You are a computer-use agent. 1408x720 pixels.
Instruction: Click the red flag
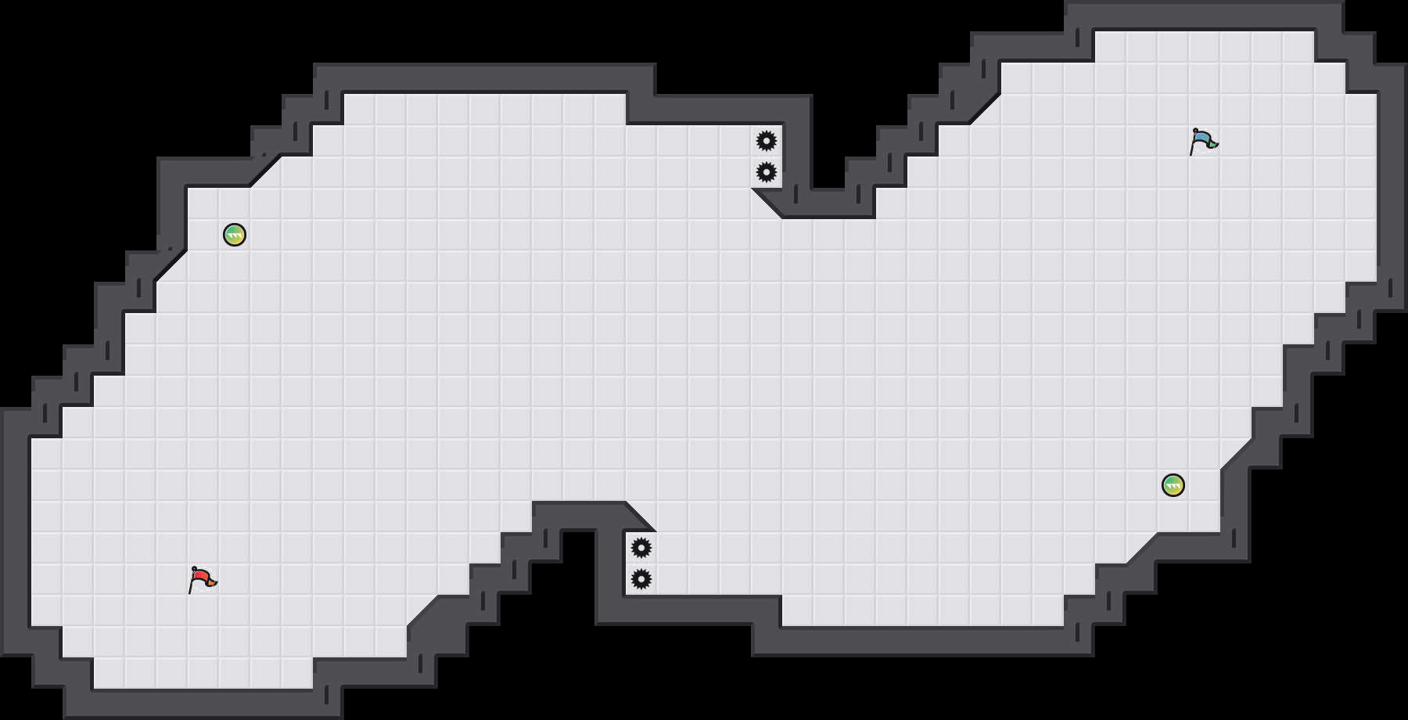coord(202,579)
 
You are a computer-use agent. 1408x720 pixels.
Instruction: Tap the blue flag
coord(1203,141)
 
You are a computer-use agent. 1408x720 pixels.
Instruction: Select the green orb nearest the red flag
coord(235,235)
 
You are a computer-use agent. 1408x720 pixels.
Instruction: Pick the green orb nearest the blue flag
coord(1173,485)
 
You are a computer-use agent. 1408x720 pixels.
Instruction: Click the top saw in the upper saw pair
coord(767,141)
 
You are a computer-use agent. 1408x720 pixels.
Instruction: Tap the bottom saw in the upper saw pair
coord(767,172)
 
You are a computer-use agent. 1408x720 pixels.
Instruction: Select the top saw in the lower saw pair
coord(641,548)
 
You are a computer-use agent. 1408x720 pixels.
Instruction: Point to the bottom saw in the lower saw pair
coord(641,579)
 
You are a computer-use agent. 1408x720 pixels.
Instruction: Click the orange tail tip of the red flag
coord(214,581)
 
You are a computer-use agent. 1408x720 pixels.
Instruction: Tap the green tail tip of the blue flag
coord(1215,143)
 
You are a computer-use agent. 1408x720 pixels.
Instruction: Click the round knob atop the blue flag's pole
coord(1195,130)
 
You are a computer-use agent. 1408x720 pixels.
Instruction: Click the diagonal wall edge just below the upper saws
coord(767,203)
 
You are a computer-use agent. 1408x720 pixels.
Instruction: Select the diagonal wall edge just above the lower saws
coord(641,517)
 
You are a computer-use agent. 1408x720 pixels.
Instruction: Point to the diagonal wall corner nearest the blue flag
coord(986,109)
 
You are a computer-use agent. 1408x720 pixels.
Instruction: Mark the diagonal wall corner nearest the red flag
coord(422,611)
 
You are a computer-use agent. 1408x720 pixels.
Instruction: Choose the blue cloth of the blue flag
coord(1201,138)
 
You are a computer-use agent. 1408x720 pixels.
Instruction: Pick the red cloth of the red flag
coord(200,576)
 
